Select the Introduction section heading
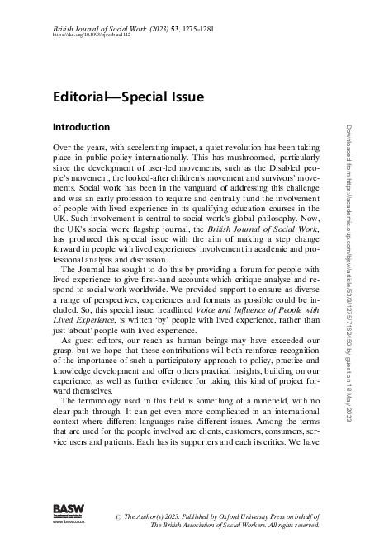tap(81, 128)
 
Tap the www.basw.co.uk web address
tap(66, 521)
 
